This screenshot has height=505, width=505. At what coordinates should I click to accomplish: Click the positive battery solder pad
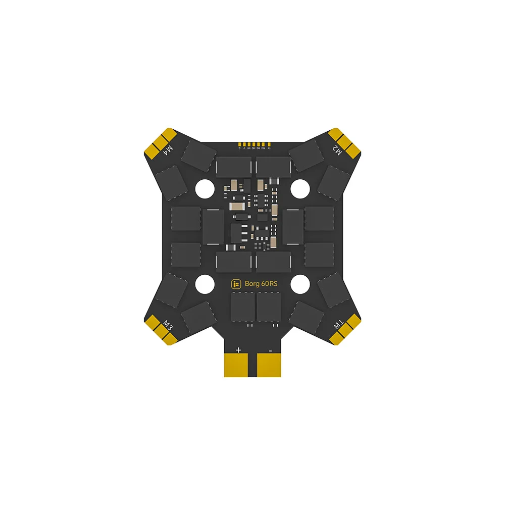point(238,365)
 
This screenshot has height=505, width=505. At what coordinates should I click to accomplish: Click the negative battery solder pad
point(270,365)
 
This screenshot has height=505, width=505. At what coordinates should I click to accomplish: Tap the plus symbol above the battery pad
point(238,349)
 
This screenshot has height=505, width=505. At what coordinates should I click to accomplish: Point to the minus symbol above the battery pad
point(270,349)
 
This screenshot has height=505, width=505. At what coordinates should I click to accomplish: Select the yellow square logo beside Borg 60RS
point(236,284)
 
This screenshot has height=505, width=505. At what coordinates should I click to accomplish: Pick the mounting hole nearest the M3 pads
point(205,284)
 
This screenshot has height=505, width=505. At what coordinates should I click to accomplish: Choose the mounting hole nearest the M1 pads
point(300,284)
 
